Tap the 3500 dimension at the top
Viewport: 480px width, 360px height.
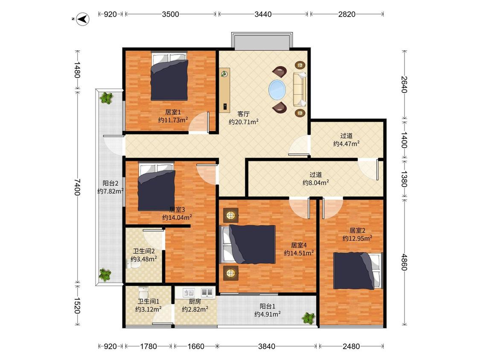171,14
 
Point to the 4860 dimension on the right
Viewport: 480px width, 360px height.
404,262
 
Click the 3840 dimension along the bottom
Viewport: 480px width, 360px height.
267,346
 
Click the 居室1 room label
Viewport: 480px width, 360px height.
173,112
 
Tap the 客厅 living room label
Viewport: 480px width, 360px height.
243,114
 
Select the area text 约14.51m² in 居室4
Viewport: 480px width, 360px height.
299,253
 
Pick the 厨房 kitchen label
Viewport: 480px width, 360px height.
195,302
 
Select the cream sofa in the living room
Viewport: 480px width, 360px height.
300,89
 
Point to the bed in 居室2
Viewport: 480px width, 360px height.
358,270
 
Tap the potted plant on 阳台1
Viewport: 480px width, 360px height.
308,318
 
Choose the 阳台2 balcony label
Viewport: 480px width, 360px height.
110,183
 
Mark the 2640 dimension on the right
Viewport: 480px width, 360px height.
404,84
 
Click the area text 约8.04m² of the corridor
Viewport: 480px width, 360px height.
316,183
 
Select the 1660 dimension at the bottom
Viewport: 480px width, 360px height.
196,346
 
